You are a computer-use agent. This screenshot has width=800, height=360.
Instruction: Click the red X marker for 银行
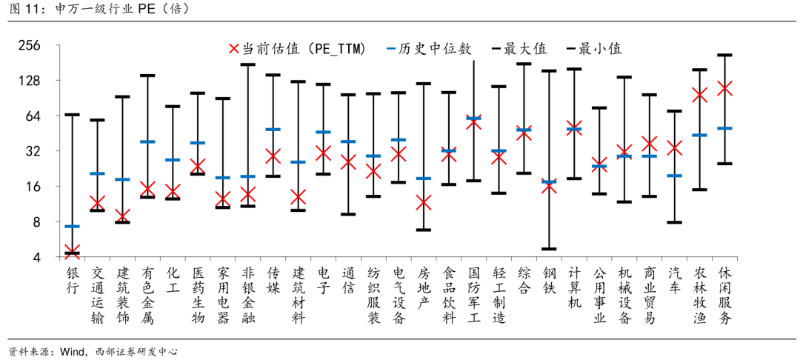point(72,252)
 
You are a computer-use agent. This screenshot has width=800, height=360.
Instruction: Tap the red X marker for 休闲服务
point(725,88)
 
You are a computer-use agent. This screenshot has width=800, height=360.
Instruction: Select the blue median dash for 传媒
point(273,130)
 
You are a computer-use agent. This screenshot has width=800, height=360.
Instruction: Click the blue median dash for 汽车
point(675,176)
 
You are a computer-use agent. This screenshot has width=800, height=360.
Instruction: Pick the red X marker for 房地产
point(424,202)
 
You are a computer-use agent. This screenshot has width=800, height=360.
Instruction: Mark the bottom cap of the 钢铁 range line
point(549,249)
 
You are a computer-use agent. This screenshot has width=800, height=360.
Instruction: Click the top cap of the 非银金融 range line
point(247,64)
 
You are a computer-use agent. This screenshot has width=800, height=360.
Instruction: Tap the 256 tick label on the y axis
point(29,46)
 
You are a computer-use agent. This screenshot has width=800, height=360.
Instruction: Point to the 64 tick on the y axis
point(33,116)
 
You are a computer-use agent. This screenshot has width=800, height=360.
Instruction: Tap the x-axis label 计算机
point(574,288)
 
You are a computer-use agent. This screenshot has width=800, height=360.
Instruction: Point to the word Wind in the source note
point(73,351)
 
